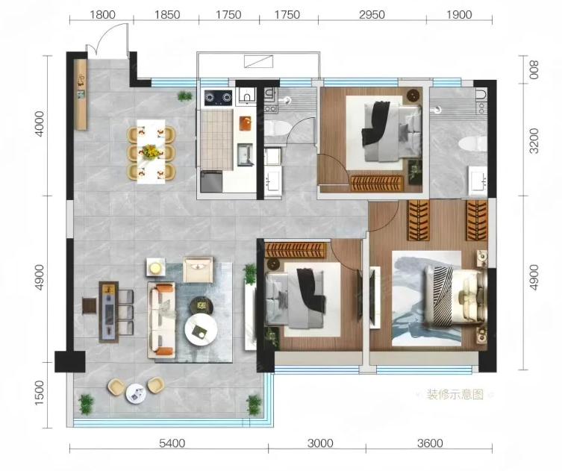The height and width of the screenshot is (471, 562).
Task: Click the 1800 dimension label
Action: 102,15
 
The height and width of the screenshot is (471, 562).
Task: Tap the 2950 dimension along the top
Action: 372,15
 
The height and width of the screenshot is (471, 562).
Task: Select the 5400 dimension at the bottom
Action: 172,443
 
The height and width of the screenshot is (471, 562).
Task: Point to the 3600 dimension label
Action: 430,443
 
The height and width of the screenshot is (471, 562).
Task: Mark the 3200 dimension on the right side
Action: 534,140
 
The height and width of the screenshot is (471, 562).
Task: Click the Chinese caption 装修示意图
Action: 455,394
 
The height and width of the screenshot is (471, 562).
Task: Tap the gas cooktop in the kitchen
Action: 218,98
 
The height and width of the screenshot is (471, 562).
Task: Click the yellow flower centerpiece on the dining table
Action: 151,152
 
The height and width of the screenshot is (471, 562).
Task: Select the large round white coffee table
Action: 201,330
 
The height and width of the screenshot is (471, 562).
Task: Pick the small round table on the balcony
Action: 136,393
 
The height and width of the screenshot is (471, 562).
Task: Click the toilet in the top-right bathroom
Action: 472,144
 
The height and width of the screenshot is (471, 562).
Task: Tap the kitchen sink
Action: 245,155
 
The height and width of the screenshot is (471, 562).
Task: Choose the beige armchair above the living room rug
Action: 198,269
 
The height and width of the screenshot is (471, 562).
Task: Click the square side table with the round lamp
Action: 155,267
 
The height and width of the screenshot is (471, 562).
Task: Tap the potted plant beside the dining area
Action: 185,96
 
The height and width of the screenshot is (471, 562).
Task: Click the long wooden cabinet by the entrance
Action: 82,95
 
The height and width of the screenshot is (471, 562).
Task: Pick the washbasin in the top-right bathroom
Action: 478,181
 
